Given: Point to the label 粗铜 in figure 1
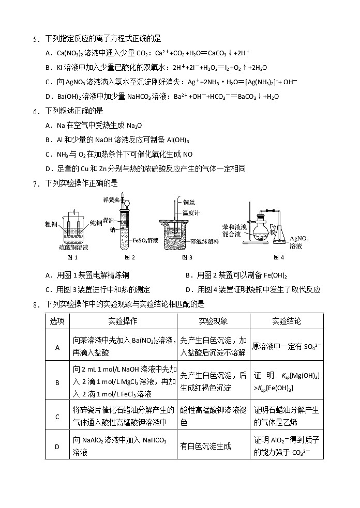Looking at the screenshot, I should point(51,224).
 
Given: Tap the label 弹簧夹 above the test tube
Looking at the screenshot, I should point(111,199).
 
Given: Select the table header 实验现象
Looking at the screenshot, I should point(213,321).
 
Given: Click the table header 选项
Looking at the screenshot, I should point(57,321).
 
